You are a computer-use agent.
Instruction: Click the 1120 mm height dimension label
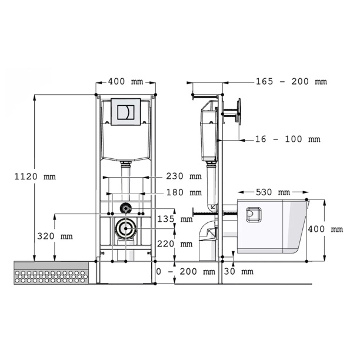(35, 176)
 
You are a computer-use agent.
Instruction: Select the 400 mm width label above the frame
(125, 82)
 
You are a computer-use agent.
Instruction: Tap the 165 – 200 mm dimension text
(291, 82)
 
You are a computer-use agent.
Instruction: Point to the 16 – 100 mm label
(288, 139)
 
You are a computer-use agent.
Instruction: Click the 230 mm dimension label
(184, 176)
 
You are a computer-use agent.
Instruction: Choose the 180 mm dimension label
(184, 192)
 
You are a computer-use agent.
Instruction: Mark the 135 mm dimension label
(175, 219)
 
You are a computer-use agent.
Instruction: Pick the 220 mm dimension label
(175, 244)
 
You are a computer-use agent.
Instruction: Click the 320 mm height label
(55, 236)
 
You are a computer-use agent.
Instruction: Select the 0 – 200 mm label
(186, 272)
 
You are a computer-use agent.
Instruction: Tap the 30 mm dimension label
(239, 272)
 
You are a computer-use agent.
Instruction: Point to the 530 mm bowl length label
(273, 192)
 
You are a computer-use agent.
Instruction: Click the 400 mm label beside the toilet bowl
(325, 229)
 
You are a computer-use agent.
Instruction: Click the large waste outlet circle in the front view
(125, 228)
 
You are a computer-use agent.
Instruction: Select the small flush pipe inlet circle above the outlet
(125, 208)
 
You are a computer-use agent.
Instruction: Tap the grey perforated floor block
(51, 273)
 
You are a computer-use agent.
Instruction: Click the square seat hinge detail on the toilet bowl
(254, 215)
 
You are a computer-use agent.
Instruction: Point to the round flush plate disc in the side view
(239, 112)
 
